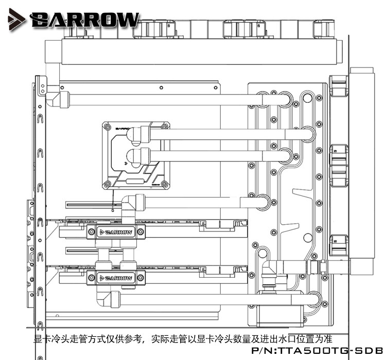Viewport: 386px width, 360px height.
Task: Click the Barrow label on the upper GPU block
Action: tap(116, 232)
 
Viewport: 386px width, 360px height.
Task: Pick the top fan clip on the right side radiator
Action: tap(339, 88)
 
